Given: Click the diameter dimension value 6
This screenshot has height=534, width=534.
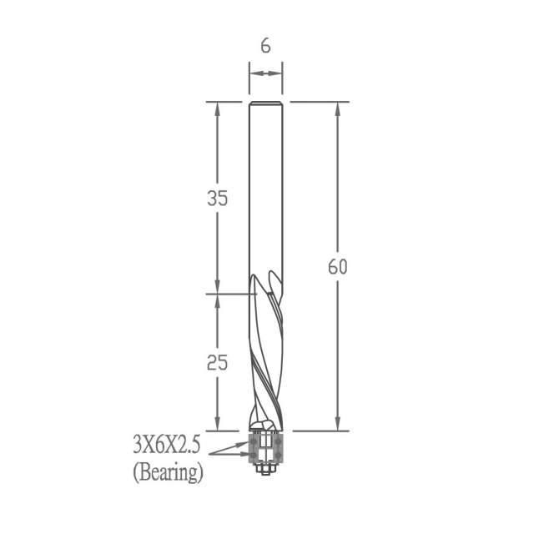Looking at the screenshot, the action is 265,46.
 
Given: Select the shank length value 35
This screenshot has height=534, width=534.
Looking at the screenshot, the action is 217,198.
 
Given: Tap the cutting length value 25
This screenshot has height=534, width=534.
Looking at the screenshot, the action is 217,362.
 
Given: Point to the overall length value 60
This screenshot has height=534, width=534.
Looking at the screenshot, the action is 337,267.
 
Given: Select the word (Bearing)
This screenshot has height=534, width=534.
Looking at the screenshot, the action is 168,473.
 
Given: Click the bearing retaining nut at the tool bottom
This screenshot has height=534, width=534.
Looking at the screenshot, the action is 265,469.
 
